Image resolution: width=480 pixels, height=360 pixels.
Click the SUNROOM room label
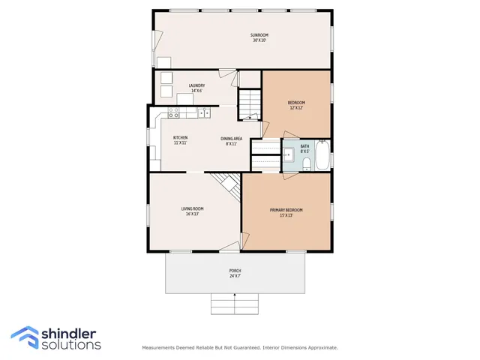coord(259,35)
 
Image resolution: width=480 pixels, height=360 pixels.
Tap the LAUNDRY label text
coord(196,85)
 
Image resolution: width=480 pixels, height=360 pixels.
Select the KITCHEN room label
coord(181,138)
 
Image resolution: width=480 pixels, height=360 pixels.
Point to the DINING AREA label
coord(231,138)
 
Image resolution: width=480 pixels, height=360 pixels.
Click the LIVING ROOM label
coord(192,208)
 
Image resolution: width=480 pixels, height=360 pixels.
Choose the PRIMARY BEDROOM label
coord(286,210)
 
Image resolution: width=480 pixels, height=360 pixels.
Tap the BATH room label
coord(305,146)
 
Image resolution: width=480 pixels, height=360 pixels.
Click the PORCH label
coord(235,271)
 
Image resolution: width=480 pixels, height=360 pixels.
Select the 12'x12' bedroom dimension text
coord(296,108)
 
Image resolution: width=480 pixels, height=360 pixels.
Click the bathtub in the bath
coord(322,155)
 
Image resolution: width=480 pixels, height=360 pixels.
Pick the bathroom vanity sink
coord(289,155)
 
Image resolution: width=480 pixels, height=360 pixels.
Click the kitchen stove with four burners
coord(173,113)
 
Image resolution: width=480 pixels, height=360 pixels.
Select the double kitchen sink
coord(203,113)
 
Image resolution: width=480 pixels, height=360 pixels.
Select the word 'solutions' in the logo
coord(71,345)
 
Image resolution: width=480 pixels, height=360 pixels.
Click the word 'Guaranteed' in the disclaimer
coord(241,348)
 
